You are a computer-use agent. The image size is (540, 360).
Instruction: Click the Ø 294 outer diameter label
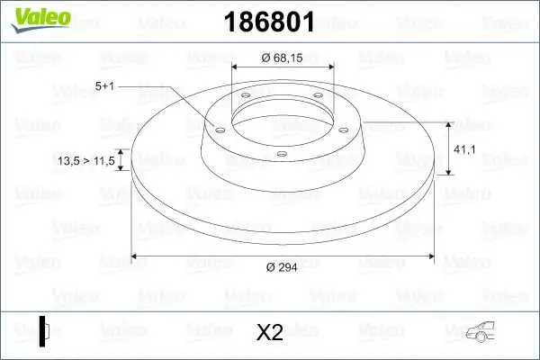pos(281,267)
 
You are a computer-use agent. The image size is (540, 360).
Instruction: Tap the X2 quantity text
pos(269,332)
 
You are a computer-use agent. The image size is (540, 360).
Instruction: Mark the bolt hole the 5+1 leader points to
pos(218,129)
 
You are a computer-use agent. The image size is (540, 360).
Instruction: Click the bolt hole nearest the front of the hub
pos(280,154)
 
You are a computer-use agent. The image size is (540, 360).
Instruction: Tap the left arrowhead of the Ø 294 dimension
pos(136,256)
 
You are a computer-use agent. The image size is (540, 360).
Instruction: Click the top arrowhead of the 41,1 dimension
pos(449,120)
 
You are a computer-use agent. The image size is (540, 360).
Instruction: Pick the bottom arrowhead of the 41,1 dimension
pos(449,171)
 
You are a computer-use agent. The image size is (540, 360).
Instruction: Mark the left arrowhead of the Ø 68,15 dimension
pos(236,67)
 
